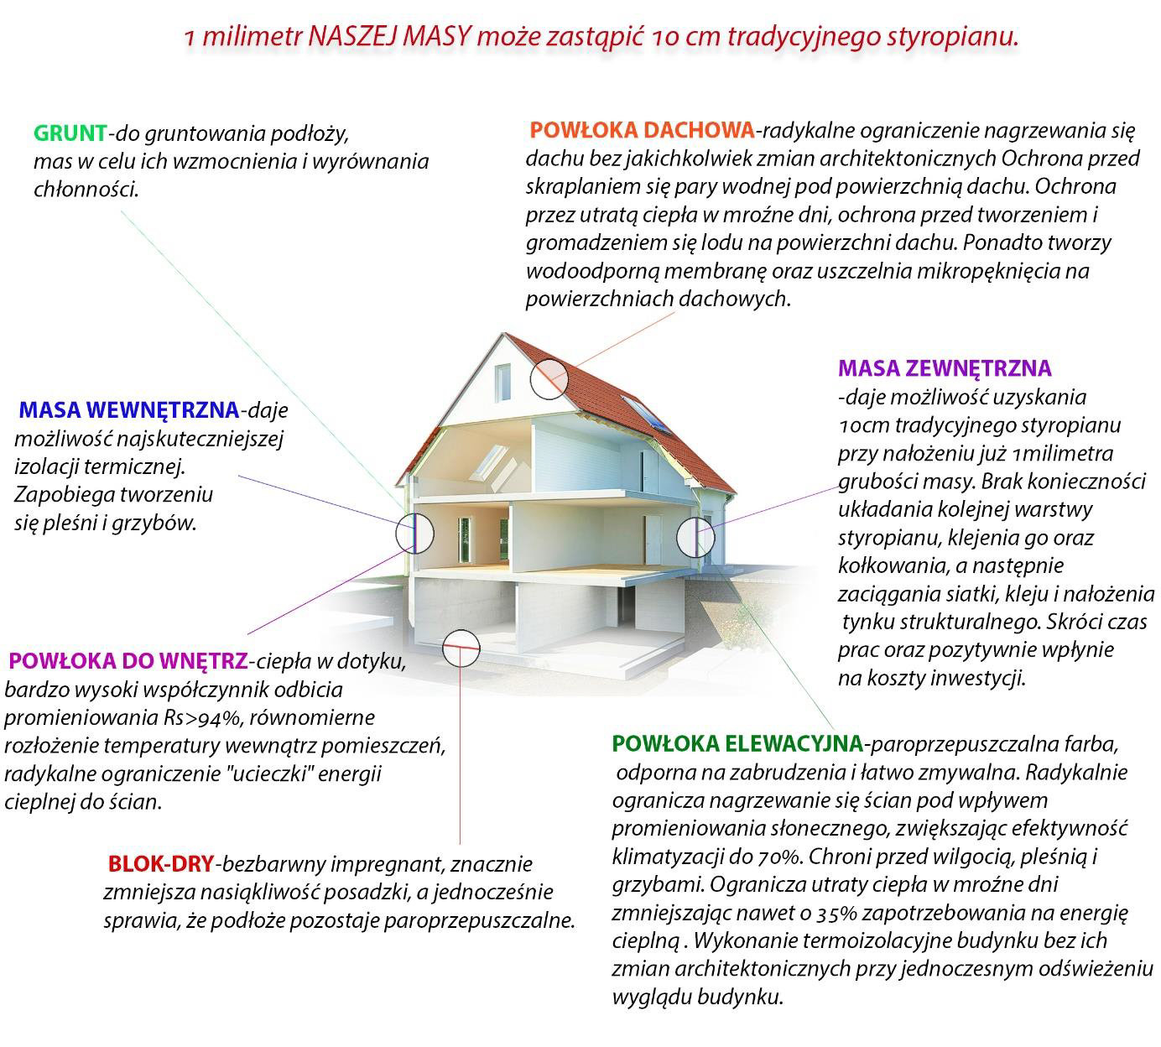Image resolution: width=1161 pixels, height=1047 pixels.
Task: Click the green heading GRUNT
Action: pyautogui.click(x=70, y=133)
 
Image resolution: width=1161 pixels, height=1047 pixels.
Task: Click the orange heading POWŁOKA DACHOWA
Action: pyautogui.click(x=642, y=130)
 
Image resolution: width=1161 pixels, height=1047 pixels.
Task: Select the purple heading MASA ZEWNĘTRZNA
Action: pyautogui.click(x=945, y=368)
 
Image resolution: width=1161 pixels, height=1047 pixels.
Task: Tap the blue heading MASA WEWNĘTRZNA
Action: pyautogui.click(x=128, y=410)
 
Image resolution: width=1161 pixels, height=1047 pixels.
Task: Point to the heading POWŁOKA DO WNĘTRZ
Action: pyautogui.click(x=128, y=661)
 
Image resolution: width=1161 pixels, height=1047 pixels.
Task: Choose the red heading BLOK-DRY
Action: pyautogui.click(x=161, y=863)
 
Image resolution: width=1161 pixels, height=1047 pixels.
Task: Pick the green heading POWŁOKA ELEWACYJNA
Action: pyautogui.click(x=737, y=743)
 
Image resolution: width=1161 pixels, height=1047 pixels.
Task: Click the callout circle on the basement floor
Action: pyautogui.click(x=461, y=648)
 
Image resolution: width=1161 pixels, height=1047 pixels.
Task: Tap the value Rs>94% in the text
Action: pyautogui.click(x=202, y=718)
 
